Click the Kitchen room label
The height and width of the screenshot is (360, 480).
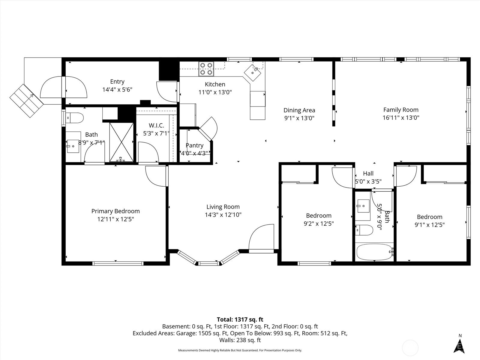tap(215, 84)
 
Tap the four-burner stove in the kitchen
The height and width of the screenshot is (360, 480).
tap(206, 69)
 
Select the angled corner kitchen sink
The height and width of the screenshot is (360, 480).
tap(252, 73)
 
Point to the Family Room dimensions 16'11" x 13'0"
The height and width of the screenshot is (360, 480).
tap(401, 118)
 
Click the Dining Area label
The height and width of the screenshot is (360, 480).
tap(299, 110)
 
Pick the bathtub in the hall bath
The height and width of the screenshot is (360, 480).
tap(375, 252)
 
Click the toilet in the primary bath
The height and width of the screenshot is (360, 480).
tap(75, 118)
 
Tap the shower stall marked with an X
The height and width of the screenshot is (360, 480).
tap(121, 142)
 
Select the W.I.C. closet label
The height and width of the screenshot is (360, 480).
tap(156, 125)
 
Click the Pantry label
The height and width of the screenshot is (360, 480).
tap(194, 145)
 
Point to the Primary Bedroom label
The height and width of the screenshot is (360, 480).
tap(115, 211)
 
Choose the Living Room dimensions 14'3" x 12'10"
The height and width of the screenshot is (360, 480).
tap(223, 214)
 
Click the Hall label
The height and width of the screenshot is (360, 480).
tap(368, 174)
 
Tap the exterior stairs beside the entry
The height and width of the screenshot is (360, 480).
tap(26, 101)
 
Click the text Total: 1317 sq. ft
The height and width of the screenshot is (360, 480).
tap(240, 319)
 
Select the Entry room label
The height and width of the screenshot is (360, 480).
tap(117, 82)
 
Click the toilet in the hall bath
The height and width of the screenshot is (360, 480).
tap(364, 230)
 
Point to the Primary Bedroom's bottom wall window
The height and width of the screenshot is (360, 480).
tap(118, 264)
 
